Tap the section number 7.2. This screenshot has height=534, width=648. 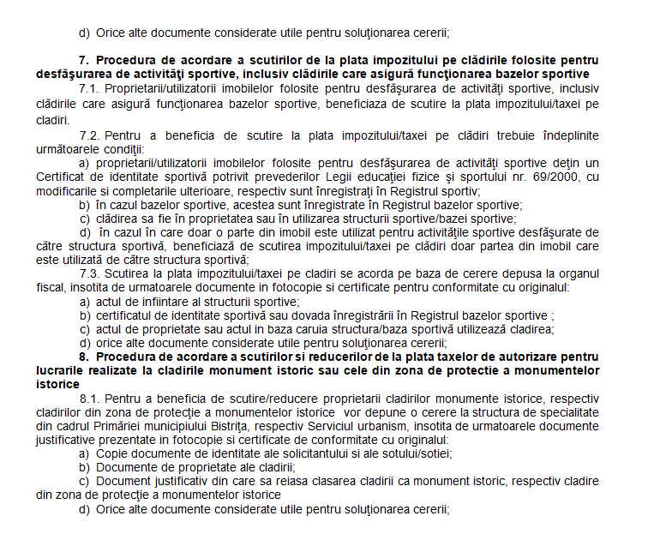89,136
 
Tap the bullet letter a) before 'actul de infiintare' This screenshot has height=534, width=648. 84,301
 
